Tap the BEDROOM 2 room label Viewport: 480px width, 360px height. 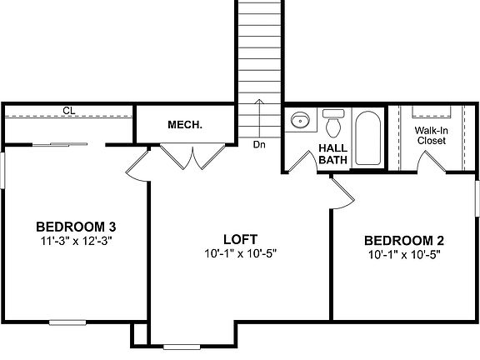402,241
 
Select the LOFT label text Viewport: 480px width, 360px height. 239,238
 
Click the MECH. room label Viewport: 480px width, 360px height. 185,125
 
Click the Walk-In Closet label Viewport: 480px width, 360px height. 430,136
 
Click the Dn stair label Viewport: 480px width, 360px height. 260,144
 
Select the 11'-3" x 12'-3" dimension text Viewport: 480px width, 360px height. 74,241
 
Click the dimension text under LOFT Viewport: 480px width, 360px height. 239,252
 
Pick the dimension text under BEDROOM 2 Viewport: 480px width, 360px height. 402,255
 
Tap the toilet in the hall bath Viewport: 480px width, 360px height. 333,123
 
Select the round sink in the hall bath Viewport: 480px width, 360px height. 299,122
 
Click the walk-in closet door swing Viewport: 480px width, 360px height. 432,163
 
